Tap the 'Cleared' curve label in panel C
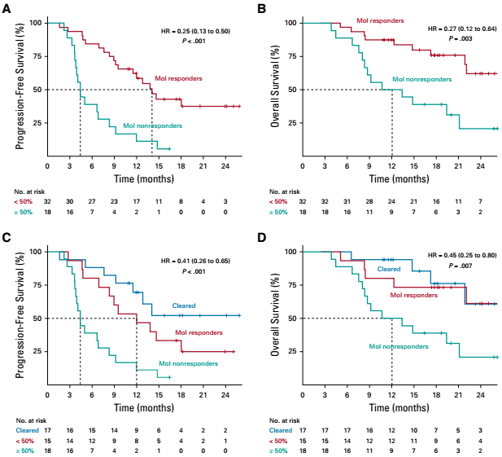184,306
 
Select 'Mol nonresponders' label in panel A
152,126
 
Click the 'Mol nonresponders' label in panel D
399,346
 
